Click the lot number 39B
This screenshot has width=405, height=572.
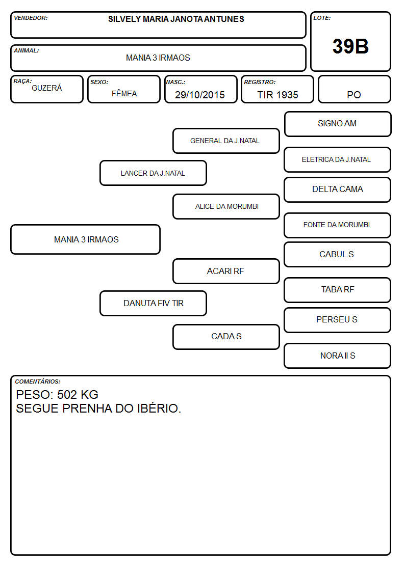point(350,46)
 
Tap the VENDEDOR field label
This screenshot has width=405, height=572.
point(31,18)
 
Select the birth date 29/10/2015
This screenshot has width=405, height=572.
point(200,95)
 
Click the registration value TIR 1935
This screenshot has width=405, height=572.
point(277,95)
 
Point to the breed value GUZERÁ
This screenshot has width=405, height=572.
point(47,88)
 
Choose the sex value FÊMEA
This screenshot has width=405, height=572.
point(124,93)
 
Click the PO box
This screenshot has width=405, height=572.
point(354,89)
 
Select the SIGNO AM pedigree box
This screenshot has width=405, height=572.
point(338,124)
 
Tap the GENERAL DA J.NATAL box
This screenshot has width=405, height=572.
point(226,141)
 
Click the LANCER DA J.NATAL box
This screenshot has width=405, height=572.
point(153,173)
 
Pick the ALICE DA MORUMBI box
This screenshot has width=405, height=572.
point(226,206)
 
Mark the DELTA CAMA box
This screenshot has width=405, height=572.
point(338,189)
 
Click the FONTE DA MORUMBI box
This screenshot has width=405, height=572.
point(338,225)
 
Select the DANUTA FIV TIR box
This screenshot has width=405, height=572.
point(153,303)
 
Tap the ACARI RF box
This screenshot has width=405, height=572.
point(226,271)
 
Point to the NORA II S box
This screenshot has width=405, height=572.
point(338,356)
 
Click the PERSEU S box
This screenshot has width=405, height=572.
point(338,320)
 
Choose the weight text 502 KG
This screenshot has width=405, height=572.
point(78,395)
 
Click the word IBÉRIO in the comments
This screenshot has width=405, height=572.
point(159,408)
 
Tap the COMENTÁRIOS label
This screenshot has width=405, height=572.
point(38,382)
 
